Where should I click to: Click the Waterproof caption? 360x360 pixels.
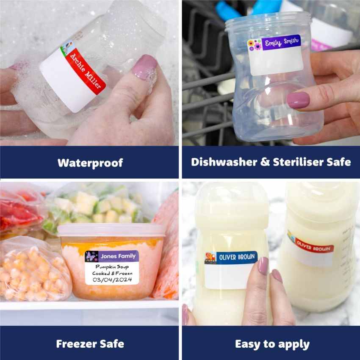point(90,162)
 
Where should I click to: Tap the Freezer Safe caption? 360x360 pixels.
point(90,343)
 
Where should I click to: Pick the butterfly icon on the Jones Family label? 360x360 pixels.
point(91,256)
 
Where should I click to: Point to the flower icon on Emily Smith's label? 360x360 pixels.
point(255,45)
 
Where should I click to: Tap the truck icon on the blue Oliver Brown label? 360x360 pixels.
point(210,258)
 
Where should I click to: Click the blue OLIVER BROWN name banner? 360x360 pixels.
point(236,257)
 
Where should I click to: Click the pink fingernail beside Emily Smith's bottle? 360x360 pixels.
point(298,100)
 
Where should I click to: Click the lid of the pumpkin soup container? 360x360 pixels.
point(111,230)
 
